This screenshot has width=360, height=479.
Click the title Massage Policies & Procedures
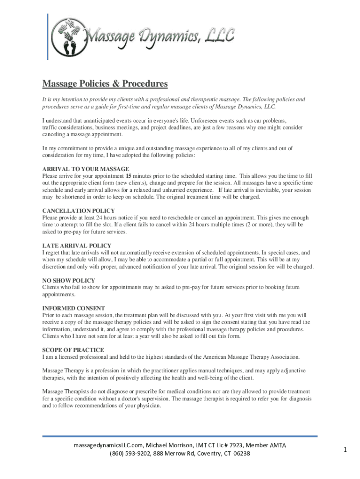(105, 84)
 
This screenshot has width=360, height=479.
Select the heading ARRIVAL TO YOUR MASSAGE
(86, 169)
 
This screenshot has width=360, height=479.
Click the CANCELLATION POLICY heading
(79, 211)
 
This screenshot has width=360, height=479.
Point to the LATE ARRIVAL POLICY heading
(77, 246)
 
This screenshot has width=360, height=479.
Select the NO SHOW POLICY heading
(69, 280)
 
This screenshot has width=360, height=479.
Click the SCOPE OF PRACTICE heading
(73, 350)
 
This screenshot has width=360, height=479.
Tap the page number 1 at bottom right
(345, 450)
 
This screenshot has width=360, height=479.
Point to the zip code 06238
(241, 453)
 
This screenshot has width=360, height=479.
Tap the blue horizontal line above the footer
(180, 436)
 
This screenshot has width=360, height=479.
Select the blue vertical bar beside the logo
(47, 36)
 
